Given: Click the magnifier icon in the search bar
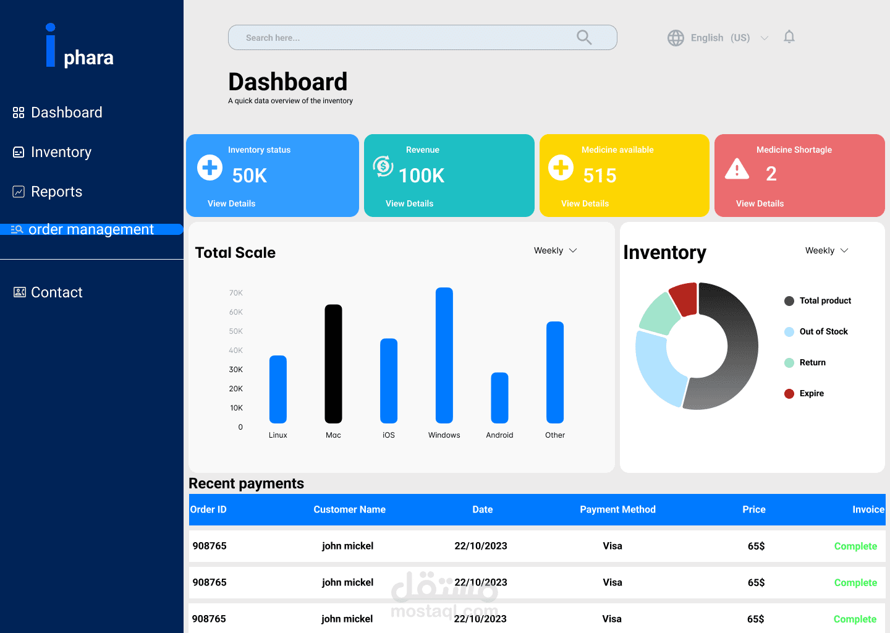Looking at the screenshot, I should (584, 38).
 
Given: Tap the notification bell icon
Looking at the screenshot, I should (789, 37).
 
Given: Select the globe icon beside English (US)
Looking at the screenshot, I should (676, 38).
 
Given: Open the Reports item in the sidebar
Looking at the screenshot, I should (56, 192).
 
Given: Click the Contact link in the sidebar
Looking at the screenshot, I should (56, 292).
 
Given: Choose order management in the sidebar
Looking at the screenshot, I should (91, 229).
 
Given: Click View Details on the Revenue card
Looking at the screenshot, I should (409, 203).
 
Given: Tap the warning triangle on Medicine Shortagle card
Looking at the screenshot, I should (737, 169).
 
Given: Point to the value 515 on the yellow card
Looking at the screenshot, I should (600, 176).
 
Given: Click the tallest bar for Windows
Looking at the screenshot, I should (444, 355).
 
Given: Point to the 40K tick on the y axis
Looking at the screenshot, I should (235, 350).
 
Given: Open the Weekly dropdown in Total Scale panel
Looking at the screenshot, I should (555, 250).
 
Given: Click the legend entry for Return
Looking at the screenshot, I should (812, 363).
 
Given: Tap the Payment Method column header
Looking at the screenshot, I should (617, 509).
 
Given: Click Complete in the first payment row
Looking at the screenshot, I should (855, 546).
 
